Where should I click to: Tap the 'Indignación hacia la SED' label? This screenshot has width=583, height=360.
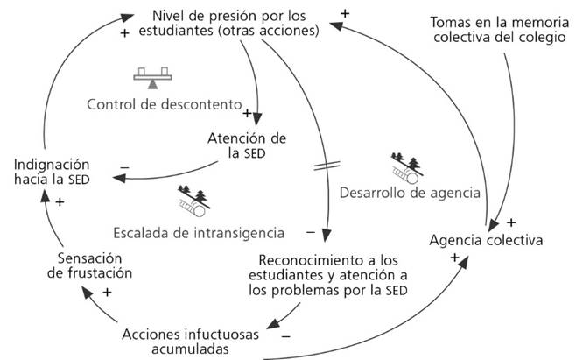pos(51,171)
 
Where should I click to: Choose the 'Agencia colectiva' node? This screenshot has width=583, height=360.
pos(487,239)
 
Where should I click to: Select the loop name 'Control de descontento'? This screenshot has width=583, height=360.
pos(164,105)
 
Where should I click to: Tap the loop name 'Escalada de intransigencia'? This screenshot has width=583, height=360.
pos(199,232)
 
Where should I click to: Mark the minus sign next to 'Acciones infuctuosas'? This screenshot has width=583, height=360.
pos(286,334)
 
